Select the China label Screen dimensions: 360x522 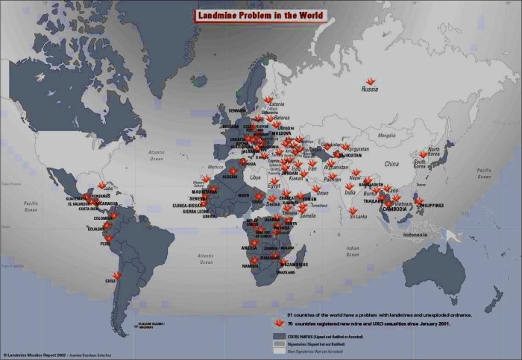391,163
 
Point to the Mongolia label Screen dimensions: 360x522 387,136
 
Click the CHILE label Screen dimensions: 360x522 111,282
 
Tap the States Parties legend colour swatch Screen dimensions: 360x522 281,336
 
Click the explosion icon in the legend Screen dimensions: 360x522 279,323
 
